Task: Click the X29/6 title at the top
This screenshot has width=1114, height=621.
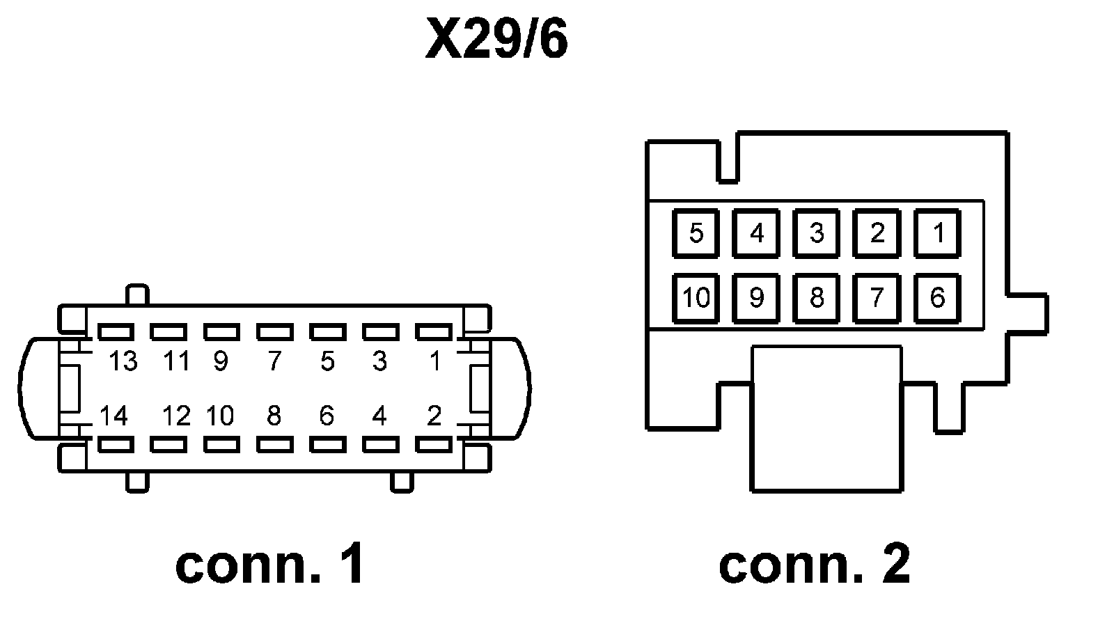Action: (496, 39)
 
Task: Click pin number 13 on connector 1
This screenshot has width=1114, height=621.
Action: (123, 361)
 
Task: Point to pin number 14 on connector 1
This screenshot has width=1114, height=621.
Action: (114, 415)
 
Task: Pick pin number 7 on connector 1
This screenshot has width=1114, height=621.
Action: (274, 361)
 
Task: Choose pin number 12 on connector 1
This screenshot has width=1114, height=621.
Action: (177, 415)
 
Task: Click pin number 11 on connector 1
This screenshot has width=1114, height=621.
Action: (177, 361)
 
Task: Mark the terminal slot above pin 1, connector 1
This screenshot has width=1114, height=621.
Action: (434, 331)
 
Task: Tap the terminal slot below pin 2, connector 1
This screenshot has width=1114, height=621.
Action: (434, 444)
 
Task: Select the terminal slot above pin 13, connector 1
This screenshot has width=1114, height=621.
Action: (116, 331)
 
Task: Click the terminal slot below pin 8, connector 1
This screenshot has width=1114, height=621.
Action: (274, 444)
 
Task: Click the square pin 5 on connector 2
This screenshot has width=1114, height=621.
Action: (696, 233)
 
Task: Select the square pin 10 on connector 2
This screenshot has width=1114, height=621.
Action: (696, 299)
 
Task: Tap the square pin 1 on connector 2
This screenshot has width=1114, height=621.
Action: (937, 233)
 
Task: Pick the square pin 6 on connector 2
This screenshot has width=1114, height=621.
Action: (937, 299)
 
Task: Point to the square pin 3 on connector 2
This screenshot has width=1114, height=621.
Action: (817, 233)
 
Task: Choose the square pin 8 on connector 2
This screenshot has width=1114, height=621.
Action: (817, 299)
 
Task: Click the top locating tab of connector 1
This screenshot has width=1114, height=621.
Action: (137, 294)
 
